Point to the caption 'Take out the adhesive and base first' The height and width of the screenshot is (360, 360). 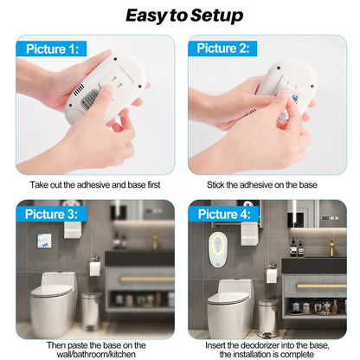click(94, 185)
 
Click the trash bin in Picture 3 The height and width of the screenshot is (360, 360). click(90, 310)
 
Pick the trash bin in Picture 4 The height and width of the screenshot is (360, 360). click(268, 316)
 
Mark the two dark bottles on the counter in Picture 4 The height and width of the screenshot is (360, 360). click(296, 248)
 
